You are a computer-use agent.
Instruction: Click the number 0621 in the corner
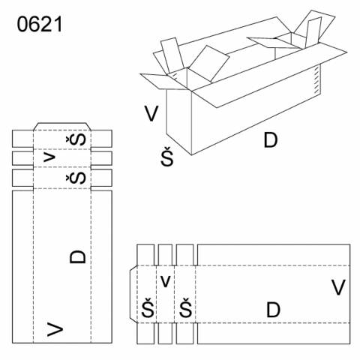coord(40,24)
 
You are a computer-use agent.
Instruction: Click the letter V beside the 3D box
coord(151,113)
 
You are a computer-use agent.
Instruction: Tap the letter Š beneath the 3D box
coord(167,156)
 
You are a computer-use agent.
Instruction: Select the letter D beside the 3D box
coord(271,140)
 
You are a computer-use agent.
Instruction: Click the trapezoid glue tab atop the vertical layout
coord(62,127)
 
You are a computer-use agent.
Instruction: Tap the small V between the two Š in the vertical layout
coord(49,157)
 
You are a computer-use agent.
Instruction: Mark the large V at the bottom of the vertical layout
coord(55,329)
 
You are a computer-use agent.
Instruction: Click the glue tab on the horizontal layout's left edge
coord(133,294)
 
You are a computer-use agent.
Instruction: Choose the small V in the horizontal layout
coord(165,281)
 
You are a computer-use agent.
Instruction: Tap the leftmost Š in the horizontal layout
coord(148,307)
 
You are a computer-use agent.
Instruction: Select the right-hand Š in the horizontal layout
coord(185,307)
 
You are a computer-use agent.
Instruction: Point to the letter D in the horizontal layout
coord(273,310)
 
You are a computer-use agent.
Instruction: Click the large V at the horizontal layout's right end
coord(338,287)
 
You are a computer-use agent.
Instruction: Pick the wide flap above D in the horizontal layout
coord(274,255)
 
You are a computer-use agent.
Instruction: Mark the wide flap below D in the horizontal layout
coord(274,333)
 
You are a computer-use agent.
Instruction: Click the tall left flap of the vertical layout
coord(22,267)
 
